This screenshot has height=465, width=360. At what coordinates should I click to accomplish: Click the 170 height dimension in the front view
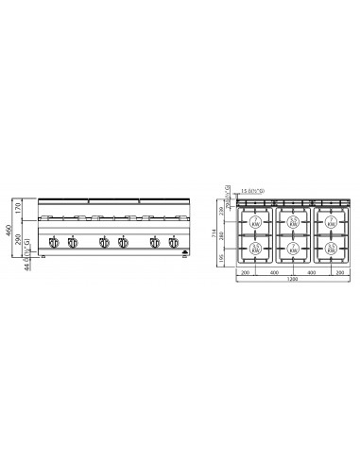[18, 206]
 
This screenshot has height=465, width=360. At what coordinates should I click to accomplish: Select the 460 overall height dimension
[9, 229]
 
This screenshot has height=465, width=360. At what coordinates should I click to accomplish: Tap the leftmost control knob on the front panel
[53, 244]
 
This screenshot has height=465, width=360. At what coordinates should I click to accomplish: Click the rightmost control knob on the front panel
[174, 244]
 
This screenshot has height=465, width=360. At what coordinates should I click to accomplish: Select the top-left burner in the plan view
[256, 222]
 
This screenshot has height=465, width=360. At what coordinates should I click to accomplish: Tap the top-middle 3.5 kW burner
[294, 222]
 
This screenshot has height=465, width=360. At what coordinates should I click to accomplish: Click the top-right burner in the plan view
[332, 222]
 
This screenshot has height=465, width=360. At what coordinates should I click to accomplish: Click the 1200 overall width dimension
[293, 281]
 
